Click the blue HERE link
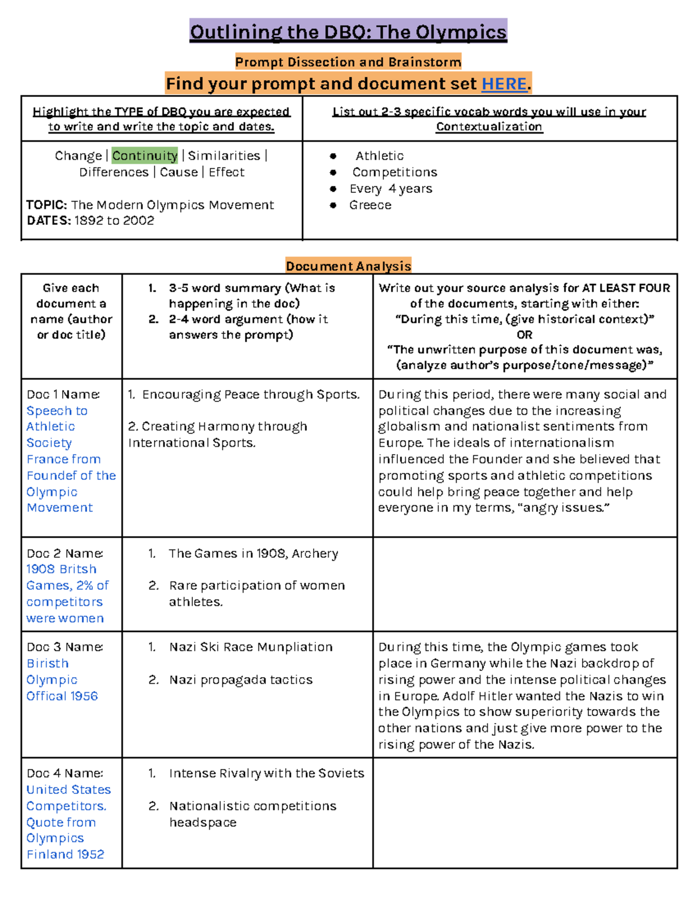tap(504, 84)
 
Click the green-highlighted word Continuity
tap(145, 156)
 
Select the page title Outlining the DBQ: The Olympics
tap(348, 32)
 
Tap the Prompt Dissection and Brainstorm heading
tap(348, 62)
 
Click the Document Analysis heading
tap(348, 266)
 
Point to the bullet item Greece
tap(370, 205)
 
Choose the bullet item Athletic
tap(379, 156)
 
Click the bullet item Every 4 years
tap(390, 189)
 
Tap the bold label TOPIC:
tap(46, 205)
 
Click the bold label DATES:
tap(49, 221)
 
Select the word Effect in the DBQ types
tap(227, 173)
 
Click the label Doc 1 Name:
tap(63, 394)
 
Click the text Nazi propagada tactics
tap(240, 680)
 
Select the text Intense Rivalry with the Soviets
tap(267, 774)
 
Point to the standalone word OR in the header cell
tap(524, 335)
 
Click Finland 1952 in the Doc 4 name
tap(65, 854)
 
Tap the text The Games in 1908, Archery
tap(253, 554)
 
